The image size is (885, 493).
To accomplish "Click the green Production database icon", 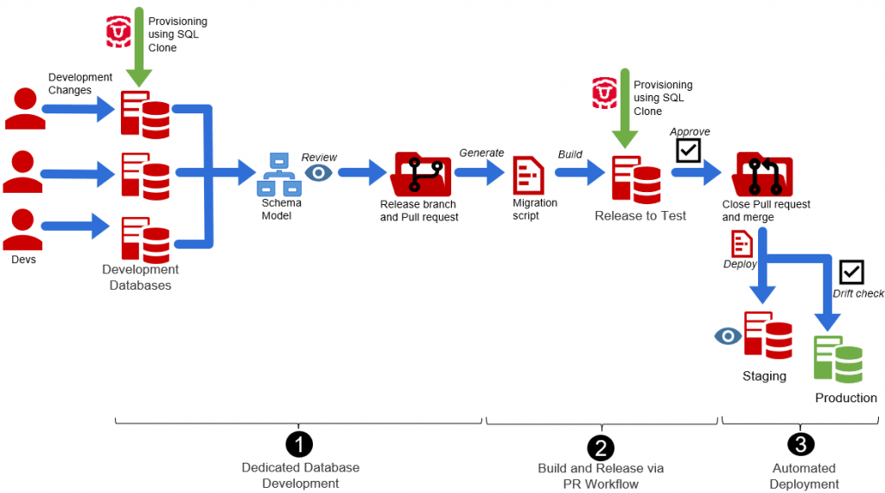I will pyautogui.click(x=837, y=358).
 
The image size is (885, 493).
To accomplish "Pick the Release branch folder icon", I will pyautogui.click(x=422, y=174).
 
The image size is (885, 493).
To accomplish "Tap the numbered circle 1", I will pyautogui.click(x=299, y=445).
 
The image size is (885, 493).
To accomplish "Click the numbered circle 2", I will pyautogui.click(x=600, y=446).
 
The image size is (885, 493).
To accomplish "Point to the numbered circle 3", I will pyautogui.click(x=800, y=445).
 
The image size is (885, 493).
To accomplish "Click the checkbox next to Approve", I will pyautogui.click(x=688, y=151).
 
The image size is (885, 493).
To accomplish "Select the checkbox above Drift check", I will pyautogui.click(x=851, y=272).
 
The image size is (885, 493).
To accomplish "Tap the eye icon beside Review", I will pyautogui.click(x=318, y=173).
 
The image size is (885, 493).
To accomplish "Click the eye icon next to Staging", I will pyautogui.click(x=728, y=336).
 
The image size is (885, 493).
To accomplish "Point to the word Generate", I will pyautogui.click(x=481, y=153).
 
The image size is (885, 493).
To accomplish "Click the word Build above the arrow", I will pyautogui.click(x=570, y=155).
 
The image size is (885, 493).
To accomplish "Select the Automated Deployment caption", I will pyautogui.click(x=804, y=476).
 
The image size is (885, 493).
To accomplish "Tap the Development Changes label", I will pyautogui.click(x=80, y=83).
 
